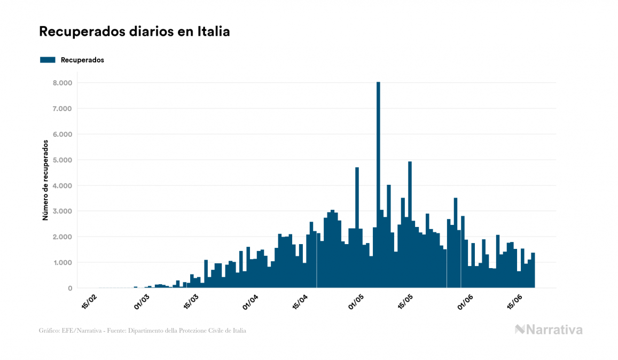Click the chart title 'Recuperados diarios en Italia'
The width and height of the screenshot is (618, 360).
pyautogui.click(x=134, y=32)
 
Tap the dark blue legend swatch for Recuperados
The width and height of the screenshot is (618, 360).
pyautogui.click(x=48, y=60)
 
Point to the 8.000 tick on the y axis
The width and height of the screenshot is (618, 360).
pyautogui.click(x=62, y=83)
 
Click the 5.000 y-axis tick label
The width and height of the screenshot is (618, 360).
pyautogui.click(x=62, y=160)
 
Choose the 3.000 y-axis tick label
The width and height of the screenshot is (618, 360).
pyautogui.click(x=62, y=212)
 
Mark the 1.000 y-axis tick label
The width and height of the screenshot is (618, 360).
pyautogui.click(x=62, y=263)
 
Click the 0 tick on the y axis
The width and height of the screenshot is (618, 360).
pyautogui.click(x=69, y=288)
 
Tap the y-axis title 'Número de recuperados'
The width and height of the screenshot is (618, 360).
pyautogui.click(x=46, y=180)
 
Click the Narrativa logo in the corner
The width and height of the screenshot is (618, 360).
pyautogui.click(x=549, y=330)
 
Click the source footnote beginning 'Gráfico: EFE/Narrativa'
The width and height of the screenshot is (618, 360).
pyautogui.click(x=143, y=331)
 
